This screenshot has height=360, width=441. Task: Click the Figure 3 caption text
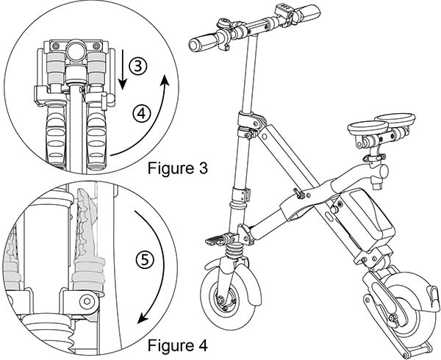[176, 168]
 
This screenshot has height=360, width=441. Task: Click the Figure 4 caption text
[176, 344]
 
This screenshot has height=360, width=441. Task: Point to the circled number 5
[146, 259]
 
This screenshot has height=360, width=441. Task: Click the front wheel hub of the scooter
[221, 300]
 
